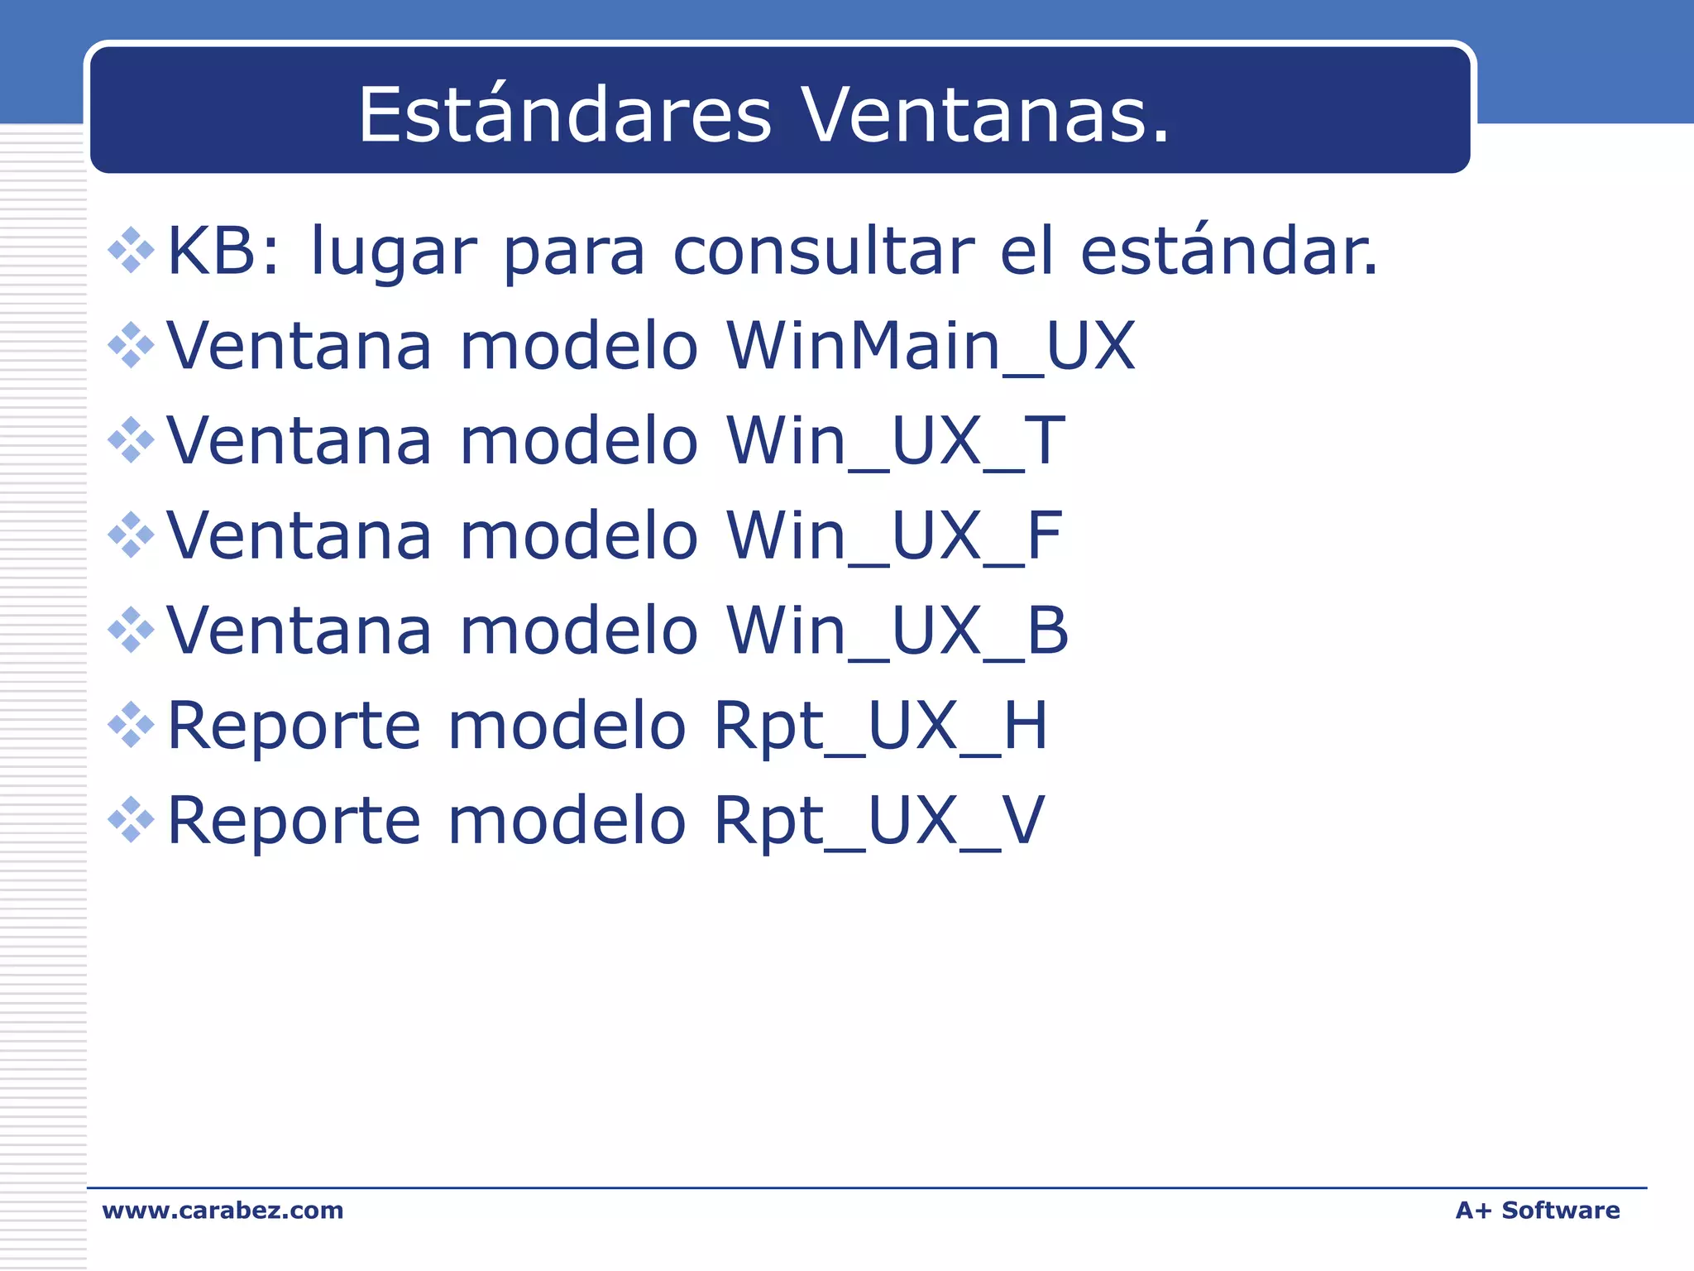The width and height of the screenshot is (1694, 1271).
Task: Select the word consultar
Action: coord(824,252)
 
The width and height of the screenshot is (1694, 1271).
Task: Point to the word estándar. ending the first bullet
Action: coord(1229,252)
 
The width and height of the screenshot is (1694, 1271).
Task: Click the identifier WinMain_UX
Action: coord(931,346)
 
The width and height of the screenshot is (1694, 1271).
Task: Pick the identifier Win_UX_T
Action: coord(896,441)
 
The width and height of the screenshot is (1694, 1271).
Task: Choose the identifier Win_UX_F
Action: coord(894,536)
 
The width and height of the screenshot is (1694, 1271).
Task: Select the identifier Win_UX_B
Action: coord(897,631)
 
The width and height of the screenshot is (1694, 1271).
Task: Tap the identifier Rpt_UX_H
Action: coord(881,726)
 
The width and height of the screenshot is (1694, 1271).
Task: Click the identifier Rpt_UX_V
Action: coord(879,820)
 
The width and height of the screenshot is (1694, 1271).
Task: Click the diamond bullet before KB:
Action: coord(132,250)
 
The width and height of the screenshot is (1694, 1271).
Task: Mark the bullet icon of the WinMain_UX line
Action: coord(132,345)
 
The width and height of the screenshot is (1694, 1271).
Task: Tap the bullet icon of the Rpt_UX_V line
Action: coord(132,819)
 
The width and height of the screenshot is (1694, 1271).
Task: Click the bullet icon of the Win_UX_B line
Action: coord(132,630)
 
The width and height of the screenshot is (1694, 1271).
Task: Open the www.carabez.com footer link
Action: coord(223,1211)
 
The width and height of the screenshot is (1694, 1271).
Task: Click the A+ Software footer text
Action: coord(1537,1211)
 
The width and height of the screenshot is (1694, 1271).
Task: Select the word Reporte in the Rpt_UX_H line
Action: coord(294,726)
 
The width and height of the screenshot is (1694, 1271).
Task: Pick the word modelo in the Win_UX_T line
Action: coord(579,441)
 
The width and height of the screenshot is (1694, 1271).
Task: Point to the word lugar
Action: coord(394,253)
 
